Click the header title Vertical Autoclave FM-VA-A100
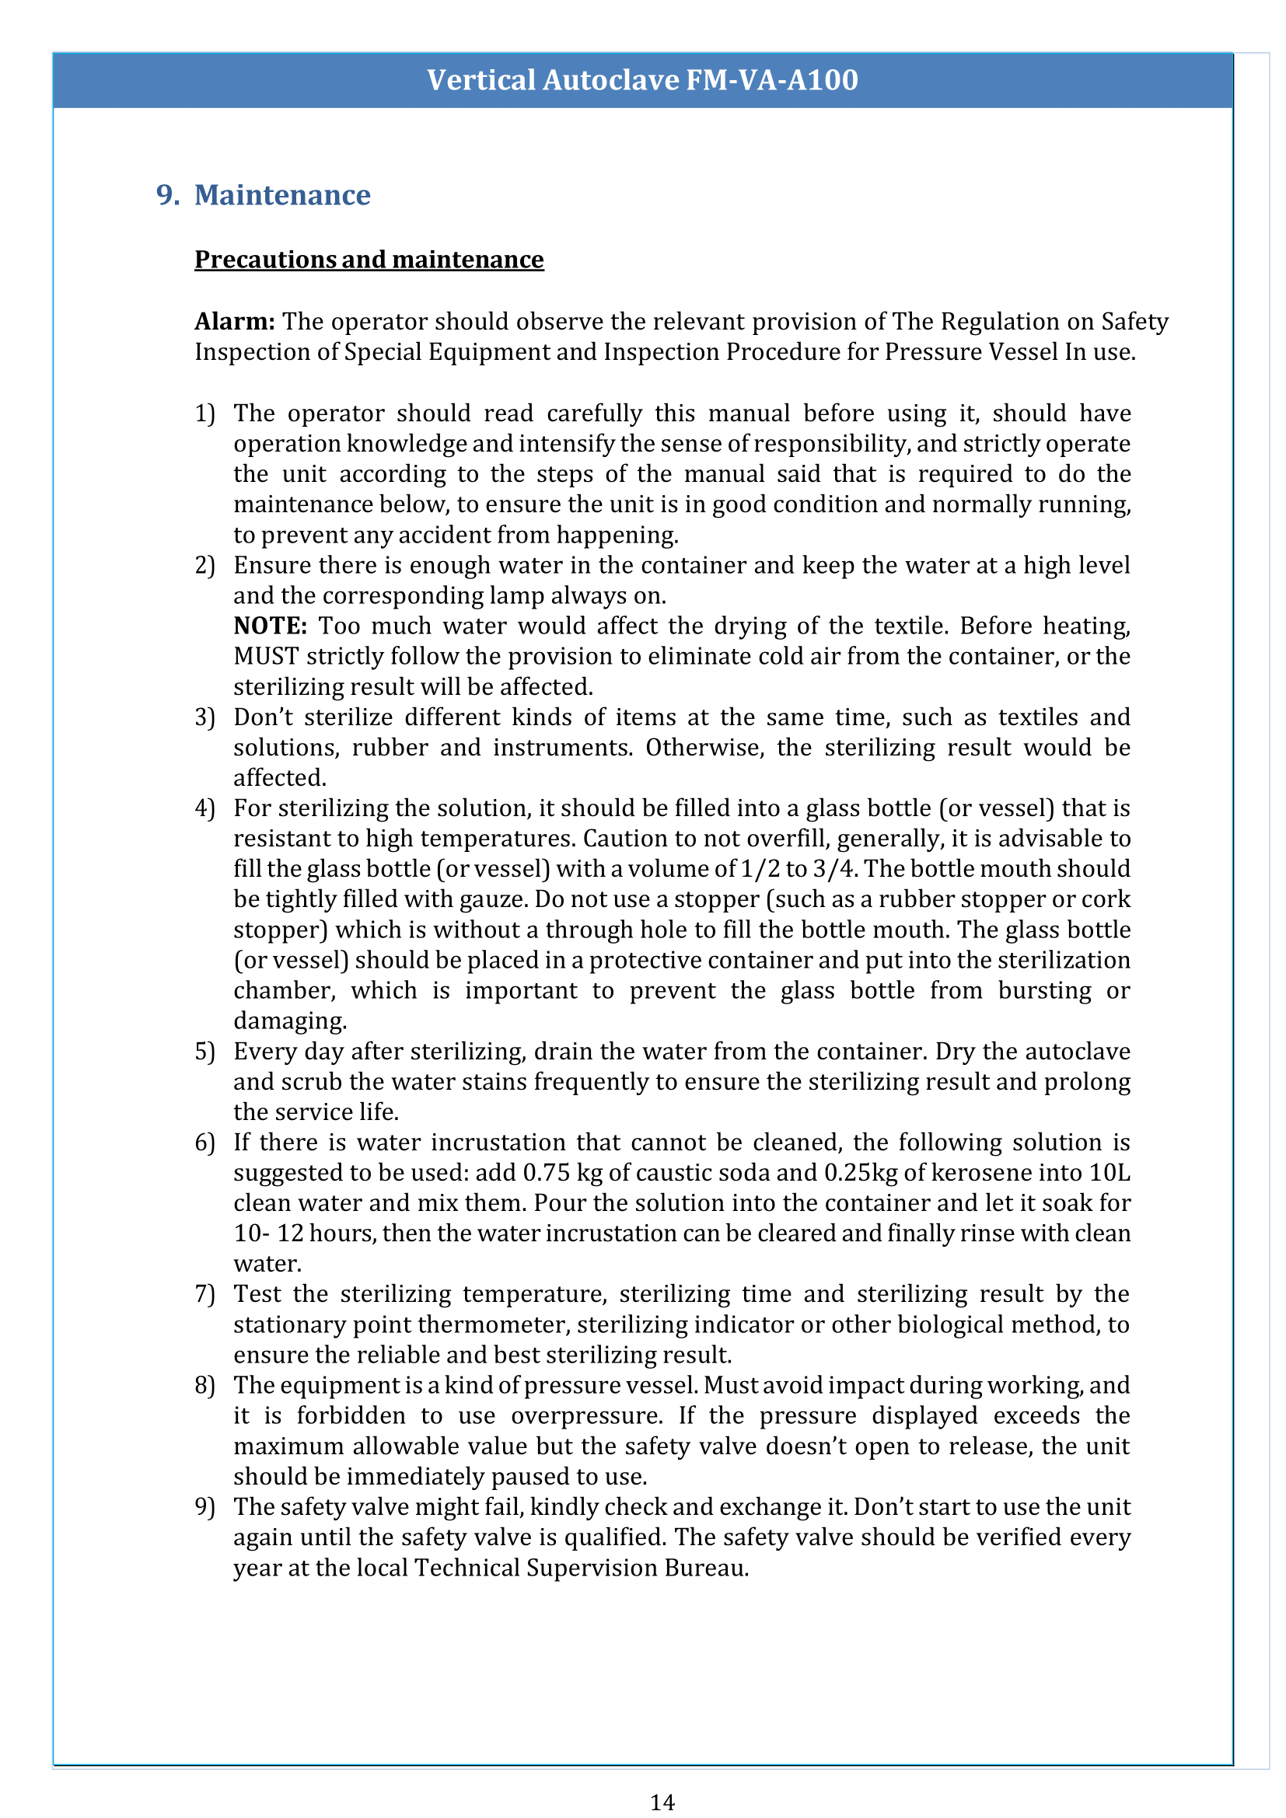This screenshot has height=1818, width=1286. [642, 80]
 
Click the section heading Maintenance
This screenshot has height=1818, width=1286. [282, 195]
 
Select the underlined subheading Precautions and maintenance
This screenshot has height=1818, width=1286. [369, 260]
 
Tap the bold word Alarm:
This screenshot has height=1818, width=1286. [234, 322]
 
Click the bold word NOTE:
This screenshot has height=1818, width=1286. [270, 626]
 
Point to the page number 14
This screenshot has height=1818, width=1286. [662, 1802]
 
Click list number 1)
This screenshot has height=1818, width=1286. [204, 413]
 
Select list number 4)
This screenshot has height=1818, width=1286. [204, 808]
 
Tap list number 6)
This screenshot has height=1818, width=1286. [204, 1143]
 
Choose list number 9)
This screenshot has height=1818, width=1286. [204, 1507]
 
